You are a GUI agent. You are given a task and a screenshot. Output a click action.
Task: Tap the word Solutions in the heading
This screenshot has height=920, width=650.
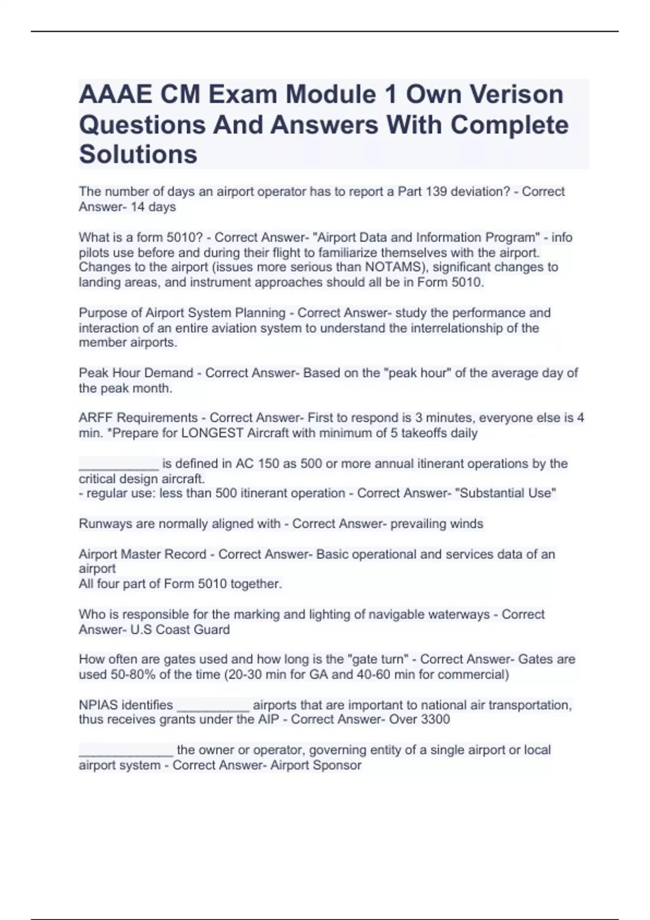point(138,154)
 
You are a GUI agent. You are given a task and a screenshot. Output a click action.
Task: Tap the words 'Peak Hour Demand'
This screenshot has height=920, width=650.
point(136,373)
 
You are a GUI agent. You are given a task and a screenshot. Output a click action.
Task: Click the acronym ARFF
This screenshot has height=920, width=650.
point(95,418)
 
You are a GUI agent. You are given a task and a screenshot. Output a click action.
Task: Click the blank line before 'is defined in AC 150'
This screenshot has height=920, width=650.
point(119,464)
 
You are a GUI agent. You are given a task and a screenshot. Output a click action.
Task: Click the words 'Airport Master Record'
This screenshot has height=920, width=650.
point(142,554)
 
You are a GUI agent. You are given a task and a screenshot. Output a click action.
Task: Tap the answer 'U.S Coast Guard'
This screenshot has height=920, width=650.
point(180,629)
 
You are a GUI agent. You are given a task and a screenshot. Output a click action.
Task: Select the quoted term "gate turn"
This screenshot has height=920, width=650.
point(377,659)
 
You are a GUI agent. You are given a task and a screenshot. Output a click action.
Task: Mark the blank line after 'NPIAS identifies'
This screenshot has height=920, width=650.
point(213,706)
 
